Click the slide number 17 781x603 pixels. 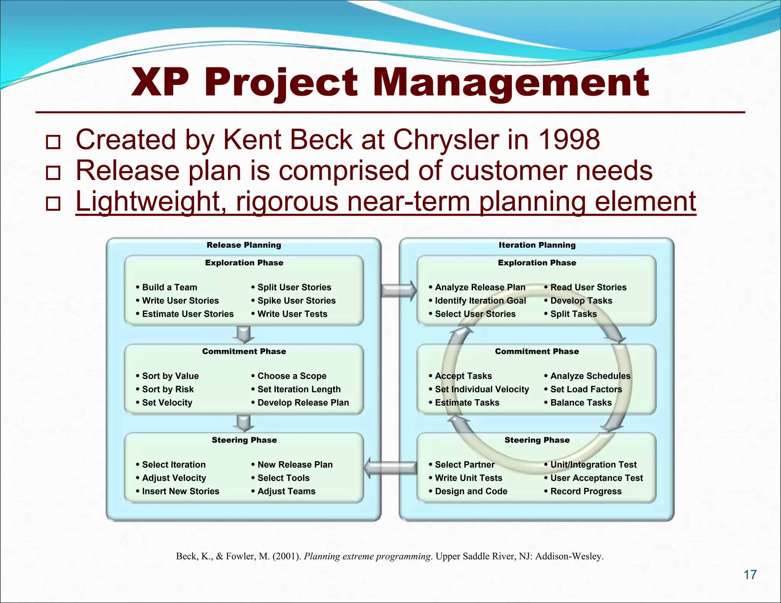click(750, 574)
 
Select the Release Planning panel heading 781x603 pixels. click(244, 245)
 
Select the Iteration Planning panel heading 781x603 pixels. click(537, 245)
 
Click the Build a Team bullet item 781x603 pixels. click(169, 287)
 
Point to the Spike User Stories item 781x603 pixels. click(296, 301)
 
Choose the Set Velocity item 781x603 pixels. click(167, 403)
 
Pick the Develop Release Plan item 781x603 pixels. click(303, 403)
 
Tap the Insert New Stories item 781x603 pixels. click(180, 491)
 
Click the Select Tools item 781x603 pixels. click(283, 478)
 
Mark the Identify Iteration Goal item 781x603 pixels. click(480, 301)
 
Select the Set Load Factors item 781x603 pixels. click(586, 390)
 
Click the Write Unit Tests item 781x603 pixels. click(468, 478)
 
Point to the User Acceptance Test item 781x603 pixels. click(596, 478)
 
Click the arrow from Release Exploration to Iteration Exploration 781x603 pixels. click(399, 290)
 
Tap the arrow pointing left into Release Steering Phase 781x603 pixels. click(390, 468)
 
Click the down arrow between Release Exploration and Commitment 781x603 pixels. click(244, 334)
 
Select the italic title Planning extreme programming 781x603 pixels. click(368, 556)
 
